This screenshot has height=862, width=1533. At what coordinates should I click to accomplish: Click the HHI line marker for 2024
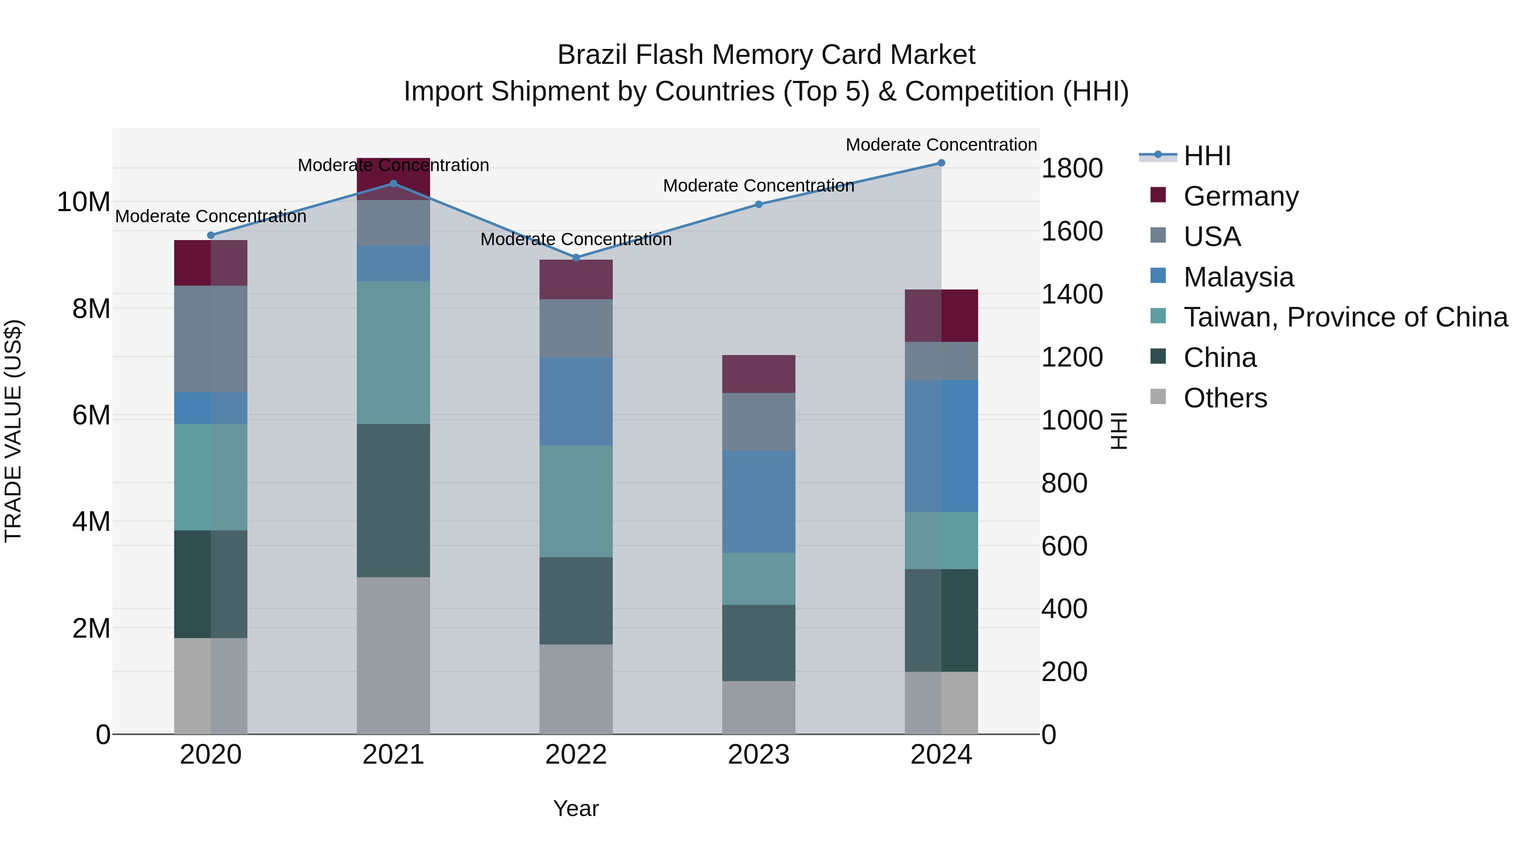(941, 163)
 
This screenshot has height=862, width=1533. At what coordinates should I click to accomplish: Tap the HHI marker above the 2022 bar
(575, 258)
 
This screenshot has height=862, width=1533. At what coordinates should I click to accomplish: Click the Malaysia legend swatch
(1158, 276)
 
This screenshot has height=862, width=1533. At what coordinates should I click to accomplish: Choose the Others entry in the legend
(1225, 398)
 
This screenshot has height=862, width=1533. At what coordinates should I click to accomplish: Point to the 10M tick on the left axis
(83, 202)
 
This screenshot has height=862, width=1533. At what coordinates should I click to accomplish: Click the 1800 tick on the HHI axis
(1072, 168)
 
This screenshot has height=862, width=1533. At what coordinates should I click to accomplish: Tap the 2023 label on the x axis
(758, 755)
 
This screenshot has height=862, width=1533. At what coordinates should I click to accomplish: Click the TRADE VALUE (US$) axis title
(13, 431)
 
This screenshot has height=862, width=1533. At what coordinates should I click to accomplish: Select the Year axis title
(575, 808)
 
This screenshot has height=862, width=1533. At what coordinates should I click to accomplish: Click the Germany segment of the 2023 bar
(758, 374)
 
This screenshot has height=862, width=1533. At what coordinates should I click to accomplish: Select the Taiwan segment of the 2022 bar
(575, 501)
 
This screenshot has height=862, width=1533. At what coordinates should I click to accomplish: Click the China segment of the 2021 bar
(393, 500)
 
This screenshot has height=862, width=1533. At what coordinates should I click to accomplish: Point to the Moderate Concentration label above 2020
(211, 217)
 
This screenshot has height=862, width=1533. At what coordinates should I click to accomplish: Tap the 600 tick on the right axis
(1064, 546)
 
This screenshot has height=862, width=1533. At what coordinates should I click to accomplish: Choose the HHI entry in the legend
(1206, 156)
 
